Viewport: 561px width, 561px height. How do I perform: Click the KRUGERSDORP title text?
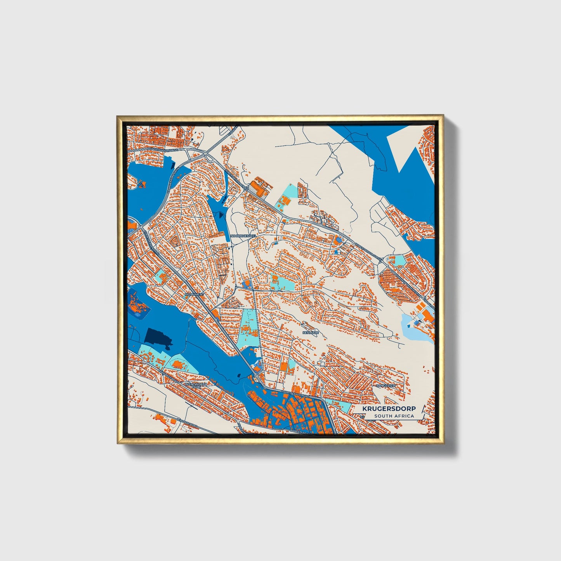click(x=389, y=409)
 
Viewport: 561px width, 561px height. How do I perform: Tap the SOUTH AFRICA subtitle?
click(x=394, y=416)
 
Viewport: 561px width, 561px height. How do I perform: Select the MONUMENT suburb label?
click(x=195, y=294)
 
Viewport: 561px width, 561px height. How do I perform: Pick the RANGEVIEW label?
click(x=386, y=386)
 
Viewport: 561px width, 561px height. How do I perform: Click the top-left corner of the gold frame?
click(x=118, y=116)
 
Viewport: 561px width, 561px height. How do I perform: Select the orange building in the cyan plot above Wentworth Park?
click(x=177, y=364)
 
